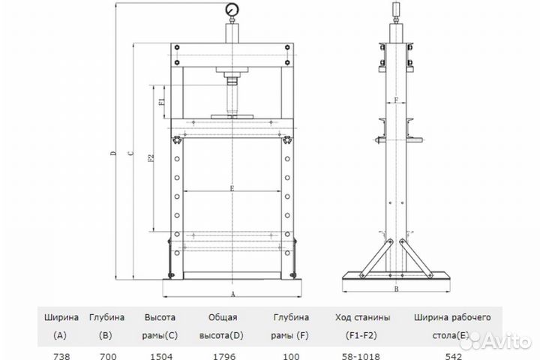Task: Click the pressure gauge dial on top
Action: click(x=232, y=10)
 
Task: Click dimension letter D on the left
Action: click(x=114, y=152)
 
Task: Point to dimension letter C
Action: click(x=130, y=153)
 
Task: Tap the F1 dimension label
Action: click(x=161, y=102)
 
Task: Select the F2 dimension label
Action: click(x=151, y=158)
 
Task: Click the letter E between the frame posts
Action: click(x=232, y=188)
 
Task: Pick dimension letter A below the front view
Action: click(x=232, y=294)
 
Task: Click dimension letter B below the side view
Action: click(x=396, y=289)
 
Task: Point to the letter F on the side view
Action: click(x=396, y=100)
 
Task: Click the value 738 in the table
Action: click(x=61, y=356)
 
